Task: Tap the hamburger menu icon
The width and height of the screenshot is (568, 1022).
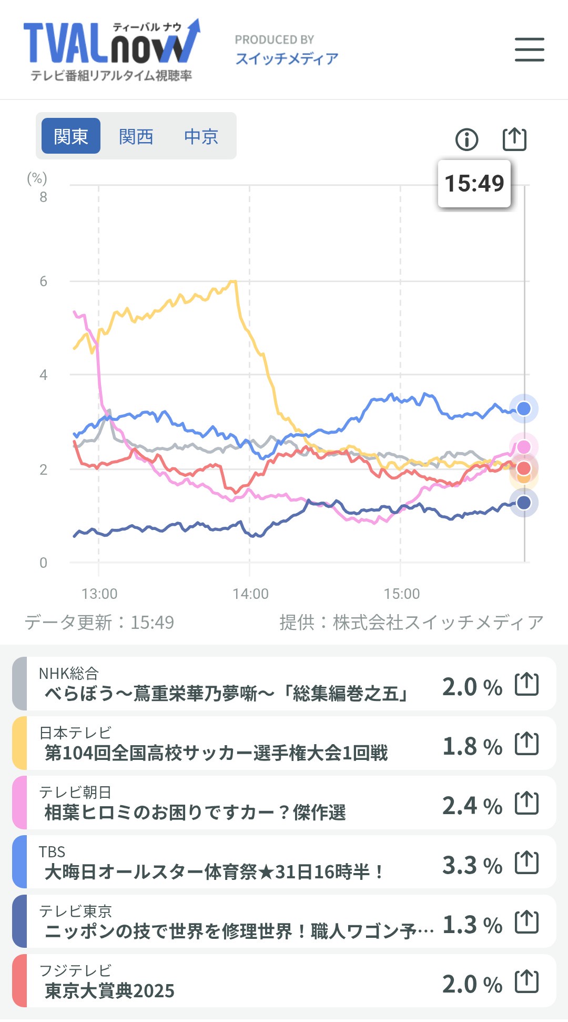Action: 529,49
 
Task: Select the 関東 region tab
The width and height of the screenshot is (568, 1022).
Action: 71,136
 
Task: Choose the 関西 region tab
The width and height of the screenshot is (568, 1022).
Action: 136,136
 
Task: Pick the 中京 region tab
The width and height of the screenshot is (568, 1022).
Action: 201,136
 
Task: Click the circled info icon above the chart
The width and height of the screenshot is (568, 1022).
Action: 466,139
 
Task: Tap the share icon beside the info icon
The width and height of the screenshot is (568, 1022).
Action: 514,139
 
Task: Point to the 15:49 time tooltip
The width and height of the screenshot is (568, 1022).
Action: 474,184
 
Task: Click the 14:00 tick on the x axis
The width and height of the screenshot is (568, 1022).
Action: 250,594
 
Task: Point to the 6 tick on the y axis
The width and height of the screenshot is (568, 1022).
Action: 43,282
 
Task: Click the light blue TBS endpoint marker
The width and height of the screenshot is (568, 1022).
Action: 524,408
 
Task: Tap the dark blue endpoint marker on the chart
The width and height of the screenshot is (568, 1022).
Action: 524,503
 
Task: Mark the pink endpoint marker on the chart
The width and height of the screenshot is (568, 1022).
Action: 524,447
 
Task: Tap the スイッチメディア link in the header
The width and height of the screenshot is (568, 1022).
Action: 287,58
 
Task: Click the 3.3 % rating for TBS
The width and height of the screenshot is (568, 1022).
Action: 472,865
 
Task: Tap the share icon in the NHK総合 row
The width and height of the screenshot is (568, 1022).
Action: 526,684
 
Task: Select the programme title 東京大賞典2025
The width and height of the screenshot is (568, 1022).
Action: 109,991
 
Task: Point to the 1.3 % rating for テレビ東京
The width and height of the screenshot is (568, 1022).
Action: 472,925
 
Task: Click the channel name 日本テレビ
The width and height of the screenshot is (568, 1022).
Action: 75,733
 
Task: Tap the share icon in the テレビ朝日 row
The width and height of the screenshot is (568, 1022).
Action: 526,803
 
